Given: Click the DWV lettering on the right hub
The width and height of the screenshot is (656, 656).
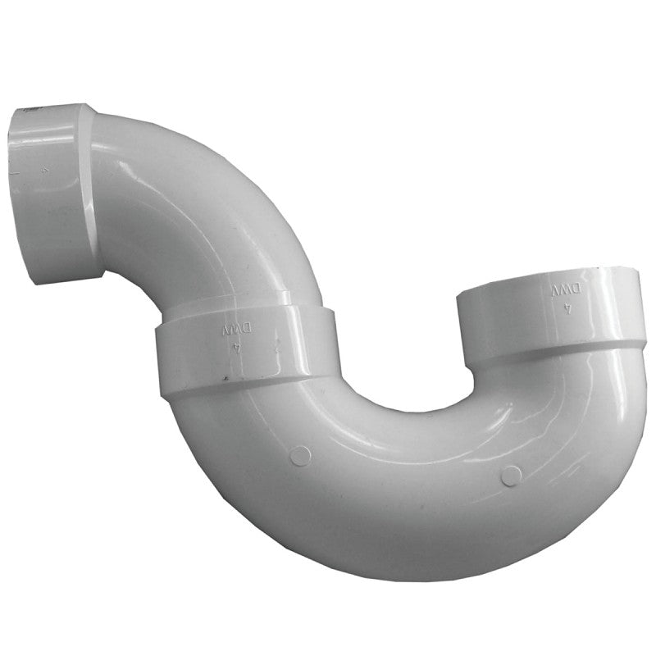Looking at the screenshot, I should pos(564,290).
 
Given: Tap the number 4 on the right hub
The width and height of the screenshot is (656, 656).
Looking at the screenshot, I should pos(567,310).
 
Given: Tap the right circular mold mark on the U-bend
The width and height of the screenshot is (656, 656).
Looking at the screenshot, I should pos(510,475).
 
